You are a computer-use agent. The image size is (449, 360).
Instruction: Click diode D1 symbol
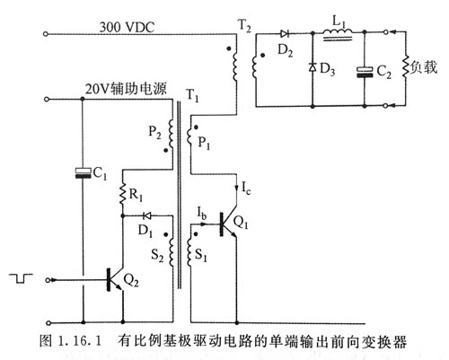[x=147, y=216]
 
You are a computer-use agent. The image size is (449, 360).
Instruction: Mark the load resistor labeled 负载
[x=407, y=66]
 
